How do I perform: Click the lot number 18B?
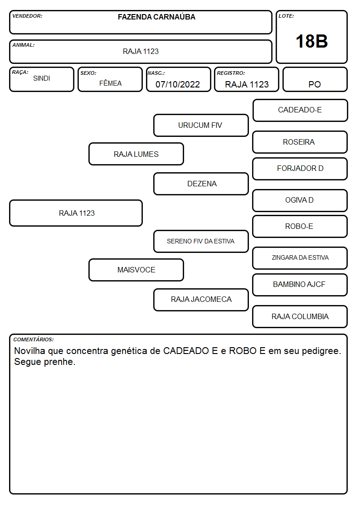311,41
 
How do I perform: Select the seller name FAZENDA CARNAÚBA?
156,17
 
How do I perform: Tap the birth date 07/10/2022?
178,84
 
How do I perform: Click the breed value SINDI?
42,78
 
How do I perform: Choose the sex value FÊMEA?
110,83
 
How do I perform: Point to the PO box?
315,79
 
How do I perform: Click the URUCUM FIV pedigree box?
201,125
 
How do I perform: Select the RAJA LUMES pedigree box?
136,154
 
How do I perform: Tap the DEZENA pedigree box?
201,184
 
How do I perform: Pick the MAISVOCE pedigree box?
136,270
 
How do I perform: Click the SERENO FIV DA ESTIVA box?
201,241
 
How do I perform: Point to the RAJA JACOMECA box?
201,300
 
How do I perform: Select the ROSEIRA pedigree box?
300,142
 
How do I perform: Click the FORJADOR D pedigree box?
300,169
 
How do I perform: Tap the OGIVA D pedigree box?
300,200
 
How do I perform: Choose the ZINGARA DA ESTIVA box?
300,258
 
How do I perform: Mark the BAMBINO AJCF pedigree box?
300,285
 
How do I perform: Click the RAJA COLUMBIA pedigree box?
300,316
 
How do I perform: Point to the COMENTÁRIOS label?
34,339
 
